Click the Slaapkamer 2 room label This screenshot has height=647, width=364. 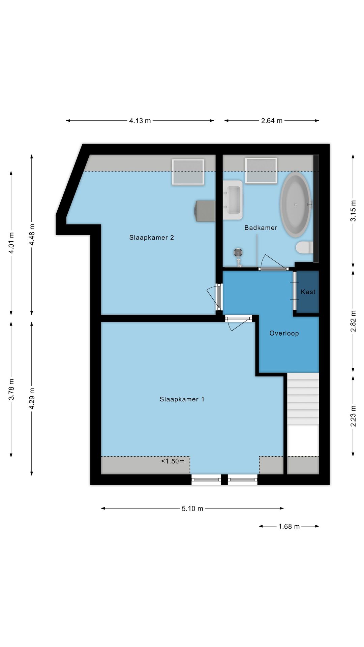pos(151,238)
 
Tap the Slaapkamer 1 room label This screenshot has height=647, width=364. pos(182,399)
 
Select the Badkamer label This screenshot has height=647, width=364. pos(261,228)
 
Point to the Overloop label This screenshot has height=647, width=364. pos(284,333)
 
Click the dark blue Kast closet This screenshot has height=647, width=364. pos(308,292)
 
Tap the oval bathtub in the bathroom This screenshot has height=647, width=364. pos(296,204)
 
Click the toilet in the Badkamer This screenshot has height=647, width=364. pos(304,247)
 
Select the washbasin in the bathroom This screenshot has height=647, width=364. pos(233,200)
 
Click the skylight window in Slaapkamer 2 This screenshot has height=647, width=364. pos(188,172)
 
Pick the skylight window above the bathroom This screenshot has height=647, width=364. pos(261,171)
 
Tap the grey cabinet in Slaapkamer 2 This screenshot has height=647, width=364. pos(205,211)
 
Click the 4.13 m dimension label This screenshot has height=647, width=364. pos(140,121)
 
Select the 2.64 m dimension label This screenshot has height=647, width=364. pos(272,121)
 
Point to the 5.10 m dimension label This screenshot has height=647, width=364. pos(192,509)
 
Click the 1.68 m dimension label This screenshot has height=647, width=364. pos(289,526)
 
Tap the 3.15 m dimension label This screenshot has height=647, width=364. pos(353,211)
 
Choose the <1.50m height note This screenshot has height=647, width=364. pos(173,461)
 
